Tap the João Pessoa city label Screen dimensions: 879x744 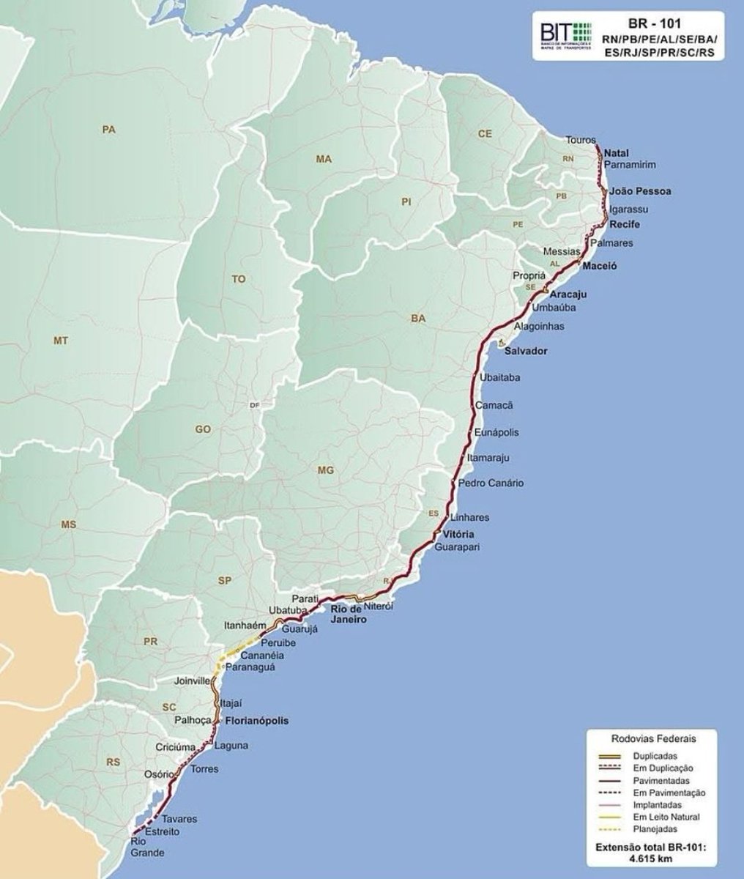point(640,191)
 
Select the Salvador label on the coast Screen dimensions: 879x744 point(526,352)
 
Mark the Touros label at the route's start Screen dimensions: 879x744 point(581,139)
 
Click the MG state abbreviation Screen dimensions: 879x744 point(325,470)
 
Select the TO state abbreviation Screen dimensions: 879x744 point(239,279)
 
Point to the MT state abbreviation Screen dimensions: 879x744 point(60,341)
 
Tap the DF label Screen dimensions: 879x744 point(255,404)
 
